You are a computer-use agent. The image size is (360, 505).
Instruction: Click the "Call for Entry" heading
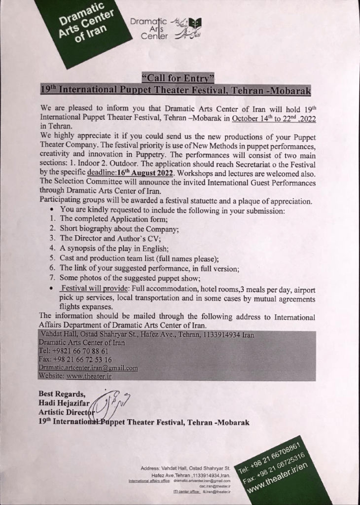pos(178,78)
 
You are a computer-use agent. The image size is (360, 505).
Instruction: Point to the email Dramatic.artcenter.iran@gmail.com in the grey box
pos(88,367)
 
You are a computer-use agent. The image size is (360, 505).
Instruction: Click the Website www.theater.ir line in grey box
pos(75,376)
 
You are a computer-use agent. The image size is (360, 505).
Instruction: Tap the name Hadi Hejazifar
pos(62,402)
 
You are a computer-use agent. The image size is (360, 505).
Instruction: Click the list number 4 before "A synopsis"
pos(51,248)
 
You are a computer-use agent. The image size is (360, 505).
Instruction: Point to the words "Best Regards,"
pos(62,394)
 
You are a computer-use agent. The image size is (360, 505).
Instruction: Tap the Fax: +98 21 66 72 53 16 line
pos(75,359)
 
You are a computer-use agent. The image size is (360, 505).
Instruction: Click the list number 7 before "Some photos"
pos(51,279)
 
